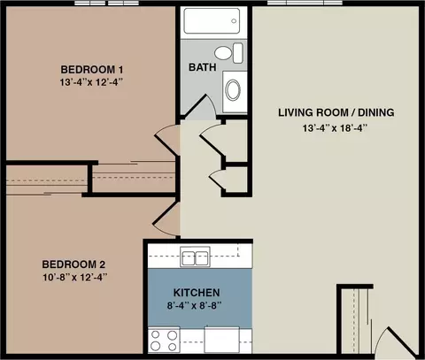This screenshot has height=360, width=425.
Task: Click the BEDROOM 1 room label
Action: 92,70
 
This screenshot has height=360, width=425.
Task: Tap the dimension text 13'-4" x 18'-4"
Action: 335,128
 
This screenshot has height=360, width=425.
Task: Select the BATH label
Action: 202,67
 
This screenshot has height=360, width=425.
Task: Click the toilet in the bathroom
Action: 228,53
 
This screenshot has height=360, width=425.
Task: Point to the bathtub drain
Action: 234,21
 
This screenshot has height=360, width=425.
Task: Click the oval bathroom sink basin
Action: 233,89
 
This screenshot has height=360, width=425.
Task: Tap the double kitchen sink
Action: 195,257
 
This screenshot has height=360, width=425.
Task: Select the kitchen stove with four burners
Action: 164,340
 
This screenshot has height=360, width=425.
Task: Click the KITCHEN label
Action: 197,293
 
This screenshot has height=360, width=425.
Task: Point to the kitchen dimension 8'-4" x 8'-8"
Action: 195,305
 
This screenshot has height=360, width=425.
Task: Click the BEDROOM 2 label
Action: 73,264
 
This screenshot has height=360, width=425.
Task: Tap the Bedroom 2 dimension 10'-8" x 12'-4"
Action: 75,278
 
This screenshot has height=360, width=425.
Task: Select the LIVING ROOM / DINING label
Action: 336,112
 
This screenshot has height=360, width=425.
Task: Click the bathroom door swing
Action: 201,107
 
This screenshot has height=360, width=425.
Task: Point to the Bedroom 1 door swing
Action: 167,139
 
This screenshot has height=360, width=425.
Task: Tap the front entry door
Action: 398,341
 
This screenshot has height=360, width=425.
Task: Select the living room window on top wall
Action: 305,3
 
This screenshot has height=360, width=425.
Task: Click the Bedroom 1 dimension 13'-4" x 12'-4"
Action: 91,82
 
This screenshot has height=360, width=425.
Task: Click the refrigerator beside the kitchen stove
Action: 221,340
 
